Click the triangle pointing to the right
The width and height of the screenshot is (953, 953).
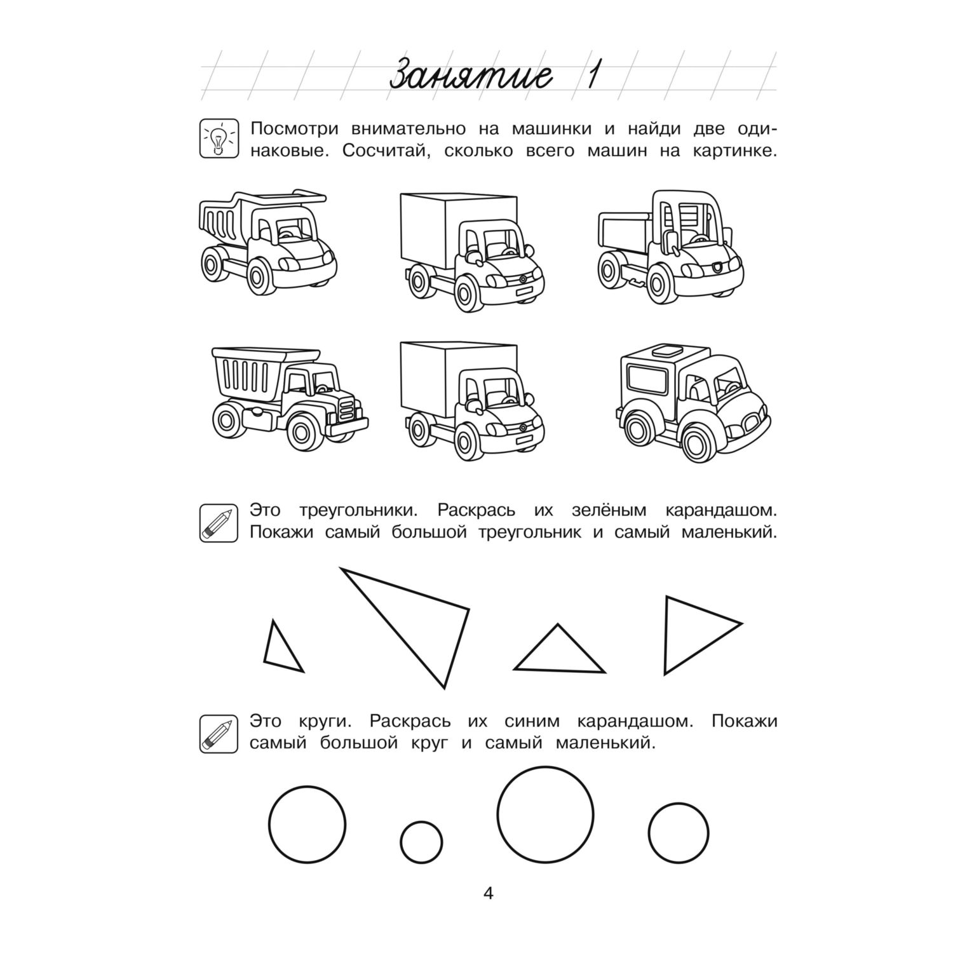[x=702, y=634]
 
